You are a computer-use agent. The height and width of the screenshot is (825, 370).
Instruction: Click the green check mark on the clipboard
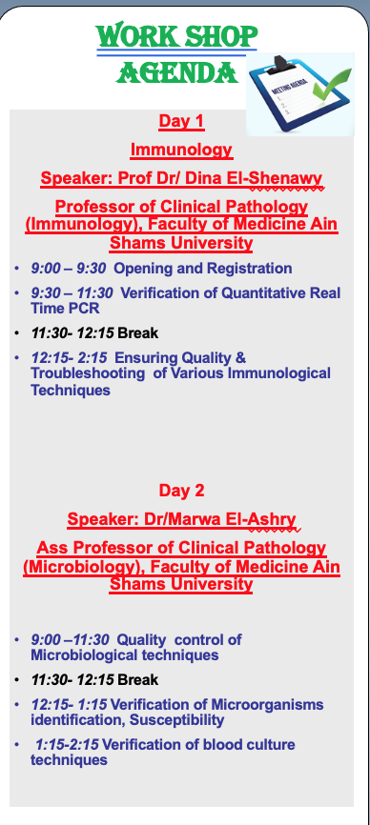coord(331,85)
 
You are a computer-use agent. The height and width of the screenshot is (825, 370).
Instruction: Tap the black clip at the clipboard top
coord(282,64)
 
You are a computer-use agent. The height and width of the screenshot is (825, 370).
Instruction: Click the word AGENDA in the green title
coord(176,72)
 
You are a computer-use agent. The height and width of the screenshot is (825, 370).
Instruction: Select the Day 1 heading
coord(181,122)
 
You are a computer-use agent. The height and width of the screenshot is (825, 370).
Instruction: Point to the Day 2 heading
coord(181,491)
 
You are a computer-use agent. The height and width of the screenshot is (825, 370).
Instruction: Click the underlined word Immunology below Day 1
coord(181,150)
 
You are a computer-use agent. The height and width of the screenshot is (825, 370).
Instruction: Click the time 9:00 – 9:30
coord(68,269)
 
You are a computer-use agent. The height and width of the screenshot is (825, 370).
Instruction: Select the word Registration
coord(250,269)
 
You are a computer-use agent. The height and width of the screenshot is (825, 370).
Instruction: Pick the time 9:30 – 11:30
coord(72,292)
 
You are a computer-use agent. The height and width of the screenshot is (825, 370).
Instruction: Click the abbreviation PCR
coord(83,309)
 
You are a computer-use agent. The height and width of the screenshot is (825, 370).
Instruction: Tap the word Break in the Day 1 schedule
coord(138,333)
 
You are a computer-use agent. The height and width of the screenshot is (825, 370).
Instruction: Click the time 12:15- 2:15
coord(69,358)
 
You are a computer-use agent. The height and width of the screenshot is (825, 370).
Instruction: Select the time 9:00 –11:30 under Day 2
coord(70,640)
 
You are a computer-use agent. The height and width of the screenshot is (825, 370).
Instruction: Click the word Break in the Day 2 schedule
coord(138,680)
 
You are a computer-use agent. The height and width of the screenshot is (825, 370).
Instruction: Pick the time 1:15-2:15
coord(67,745)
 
